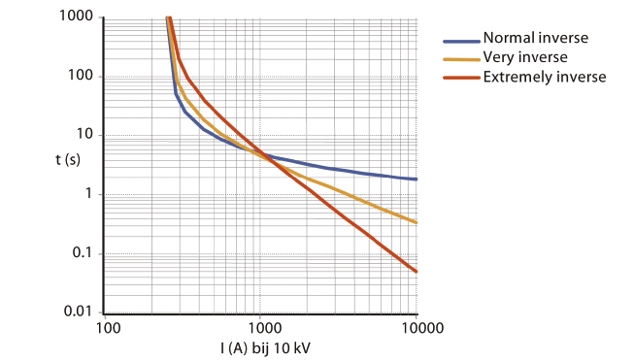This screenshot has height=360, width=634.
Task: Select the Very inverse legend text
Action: (x=524, y=58)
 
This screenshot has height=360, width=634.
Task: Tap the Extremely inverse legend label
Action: (x=544, y=77)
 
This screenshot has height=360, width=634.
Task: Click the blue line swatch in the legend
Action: (x=461, y=41)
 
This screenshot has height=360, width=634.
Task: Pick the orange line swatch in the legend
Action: (x=461, y=59)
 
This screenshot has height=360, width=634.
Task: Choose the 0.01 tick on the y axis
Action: (x=77, y=311)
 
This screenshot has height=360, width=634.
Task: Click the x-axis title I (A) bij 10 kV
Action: (x=260, y=346)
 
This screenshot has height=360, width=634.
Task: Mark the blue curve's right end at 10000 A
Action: (x=417, y=179)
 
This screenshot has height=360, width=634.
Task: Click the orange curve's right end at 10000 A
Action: (x=417, y=222)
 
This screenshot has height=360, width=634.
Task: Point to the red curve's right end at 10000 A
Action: (x=417, y=272)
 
